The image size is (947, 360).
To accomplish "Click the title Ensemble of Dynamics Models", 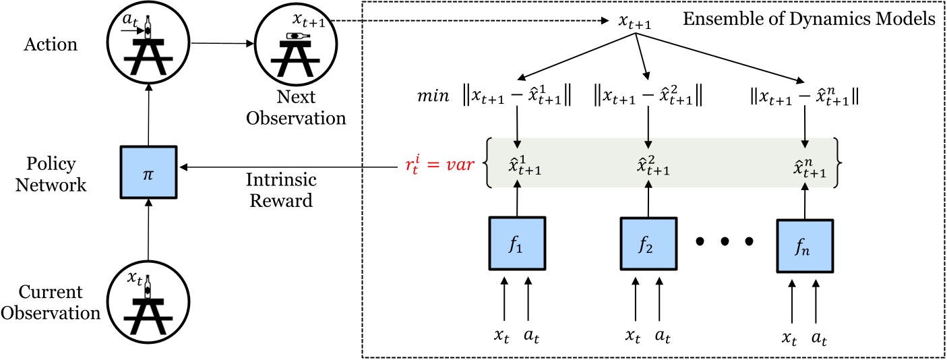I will click(x=809, y=19).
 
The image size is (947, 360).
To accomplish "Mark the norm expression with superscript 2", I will click(x=648, y=97).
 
